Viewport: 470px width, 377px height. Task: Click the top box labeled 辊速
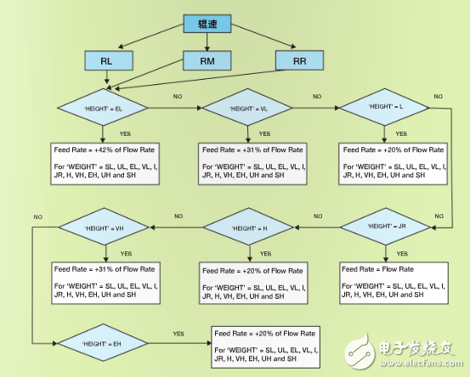[207, 24]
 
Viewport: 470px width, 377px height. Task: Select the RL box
[106, 61]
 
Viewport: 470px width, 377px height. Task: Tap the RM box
[207, 61]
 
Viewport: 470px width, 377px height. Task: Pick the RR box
[299, 60]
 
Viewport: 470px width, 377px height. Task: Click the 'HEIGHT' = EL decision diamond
[103, 110]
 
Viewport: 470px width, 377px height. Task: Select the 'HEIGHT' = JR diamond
[388, 227]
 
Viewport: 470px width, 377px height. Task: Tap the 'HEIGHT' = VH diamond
[104, 227]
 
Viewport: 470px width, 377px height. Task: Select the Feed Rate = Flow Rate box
[392, 282]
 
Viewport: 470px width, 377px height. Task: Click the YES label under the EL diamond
[126, 134]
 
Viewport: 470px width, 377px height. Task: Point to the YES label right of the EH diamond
[179, 334]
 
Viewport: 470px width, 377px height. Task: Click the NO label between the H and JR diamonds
[318, 217]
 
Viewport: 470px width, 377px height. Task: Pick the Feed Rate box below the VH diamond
[105, 282]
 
